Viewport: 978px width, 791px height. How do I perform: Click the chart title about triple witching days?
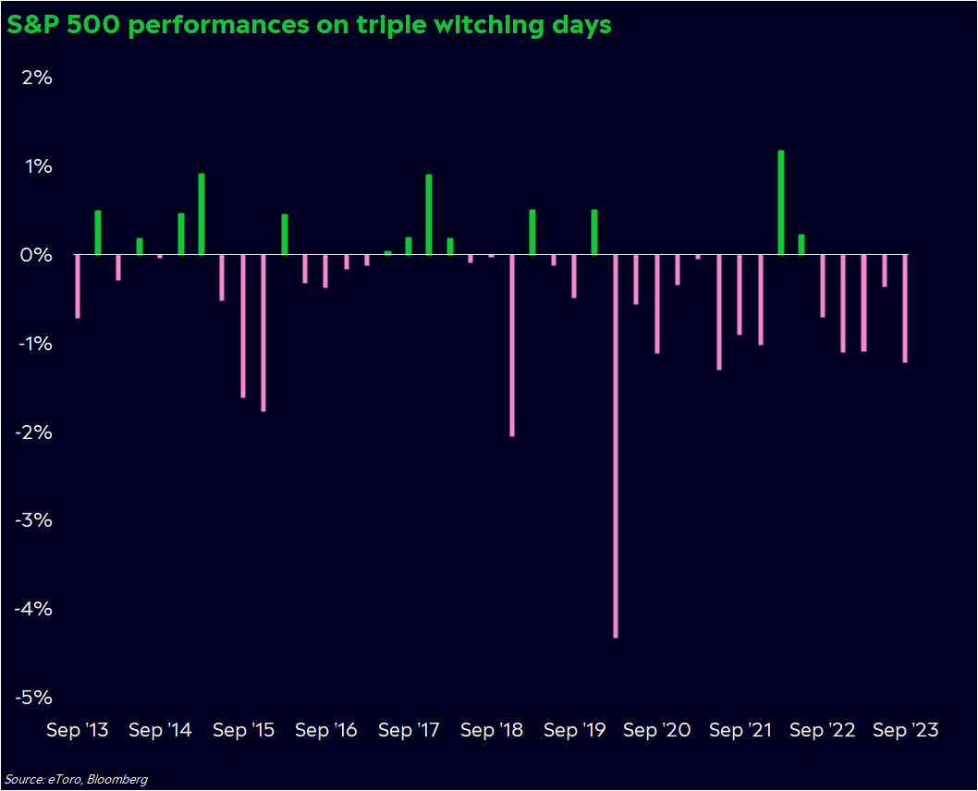point(309,25)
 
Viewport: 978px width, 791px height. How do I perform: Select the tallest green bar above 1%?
point(781,202)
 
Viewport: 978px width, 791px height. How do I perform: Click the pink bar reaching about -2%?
point(512,345)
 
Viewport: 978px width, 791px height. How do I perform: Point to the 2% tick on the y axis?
point(36,78)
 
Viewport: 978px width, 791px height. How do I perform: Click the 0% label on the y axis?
point(36,255)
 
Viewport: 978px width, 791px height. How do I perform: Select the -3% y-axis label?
point(33,520)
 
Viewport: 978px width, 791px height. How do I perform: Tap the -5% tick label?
point(33,698)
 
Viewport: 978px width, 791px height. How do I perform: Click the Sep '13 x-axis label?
point(78,730)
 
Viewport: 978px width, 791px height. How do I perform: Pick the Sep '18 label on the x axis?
point(492,730)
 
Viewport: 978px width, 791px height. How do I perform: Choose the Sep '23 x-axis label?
point(906,730)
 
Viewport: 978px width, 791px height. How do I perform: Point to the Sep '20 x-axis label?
point(657,730)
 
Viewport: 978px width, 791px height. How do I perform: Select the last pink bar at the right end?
point(905,309)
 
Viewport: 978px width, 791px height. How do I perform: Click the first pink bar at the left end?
point(78,286)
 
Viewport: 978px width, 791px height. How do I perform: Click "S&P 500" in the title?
point(64,25)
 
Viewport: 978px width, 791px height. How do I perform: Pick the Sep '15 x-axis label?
point(243,730)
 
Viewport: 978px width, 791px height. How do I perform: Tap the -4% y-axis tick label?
point(33,609)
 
